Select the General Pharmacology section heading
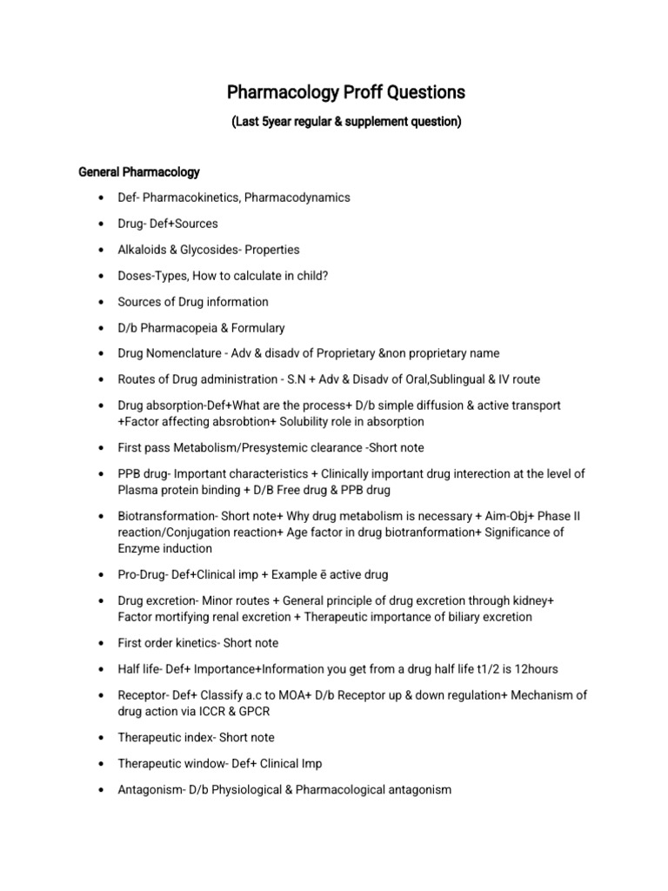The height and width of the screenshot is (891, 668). [x=139, y=172]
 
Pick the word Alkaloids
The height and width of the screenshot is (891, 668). [x=143, y=250]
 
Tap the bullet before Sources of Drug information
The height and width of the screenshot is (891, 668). [x=104, y=302]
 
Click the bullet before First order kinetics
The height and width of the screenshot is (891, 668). [x=104, y=644]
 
